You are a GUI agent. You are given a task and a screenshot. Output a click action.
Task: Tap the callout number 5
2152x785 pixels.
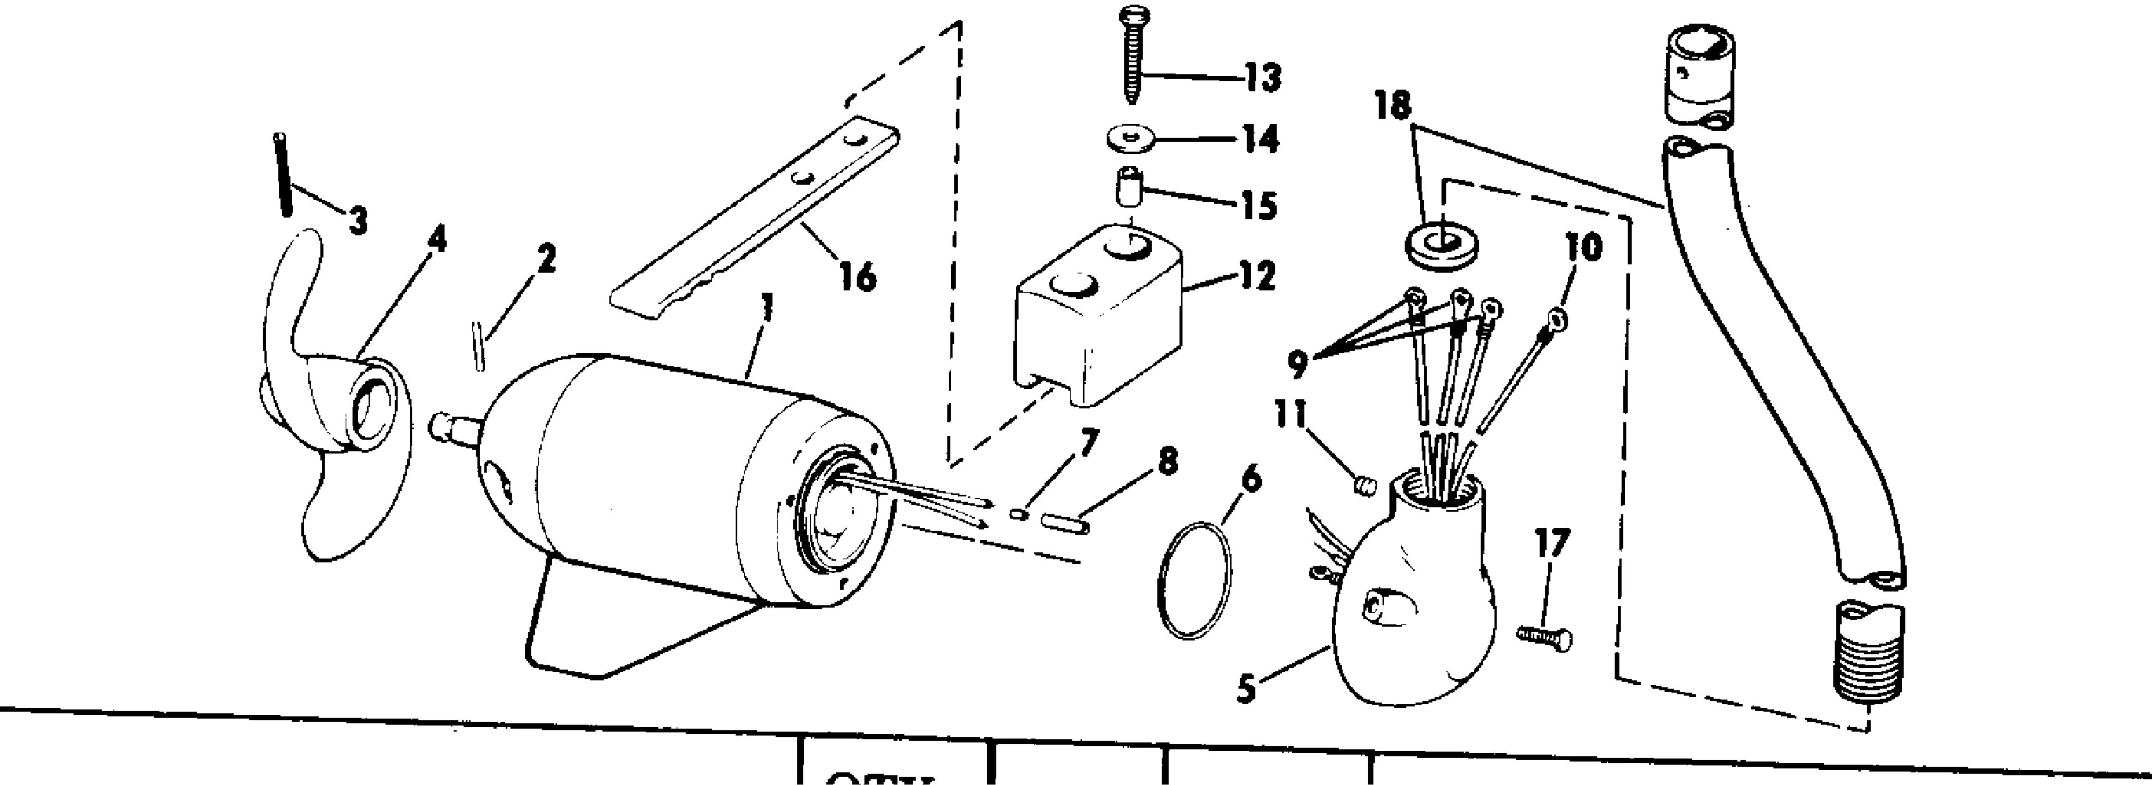(1247, 690)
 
